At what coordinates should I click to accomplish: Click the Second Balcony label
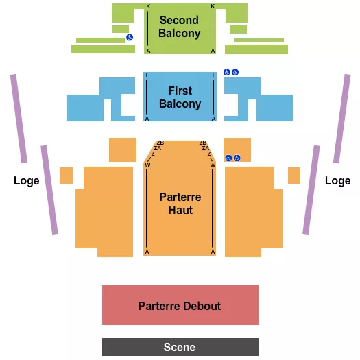point(180,27)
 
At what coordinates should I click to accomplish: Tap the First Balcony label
point(180,97)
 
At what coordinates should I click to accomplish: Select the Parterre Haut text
point(180,203)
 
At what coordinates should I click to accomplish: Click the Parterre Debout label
point(180,305)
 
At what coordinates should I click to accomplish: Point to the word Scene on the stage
point(180,348)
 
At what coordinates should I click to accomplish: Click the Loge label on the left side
point(26,181)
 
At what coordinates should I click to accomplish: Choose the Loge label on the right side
point(337,181)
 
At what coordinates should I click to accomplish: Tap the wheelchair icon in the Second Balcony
point(130,38)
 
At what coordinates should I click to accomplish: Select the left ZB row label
point(160,143)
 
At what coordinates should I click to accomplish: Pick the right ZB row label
point(202,143)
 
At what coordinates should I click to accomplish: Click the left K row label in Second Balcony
point(148,6)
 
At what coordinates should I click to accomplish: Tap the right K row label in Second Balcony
point(213,6)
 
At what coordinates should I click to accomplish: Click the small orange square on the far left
point(66,176)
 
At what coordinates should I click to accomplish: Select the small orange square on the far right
point(294,176)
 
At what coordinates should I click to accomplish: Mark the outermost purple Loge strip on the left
point(19,118)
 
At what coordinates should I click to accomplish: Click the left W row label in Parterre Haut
point(148,165)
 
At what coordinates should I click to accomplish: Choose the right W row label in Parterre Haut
point(213,165)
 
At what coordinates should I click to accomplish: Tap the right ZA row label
point(205,148)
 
